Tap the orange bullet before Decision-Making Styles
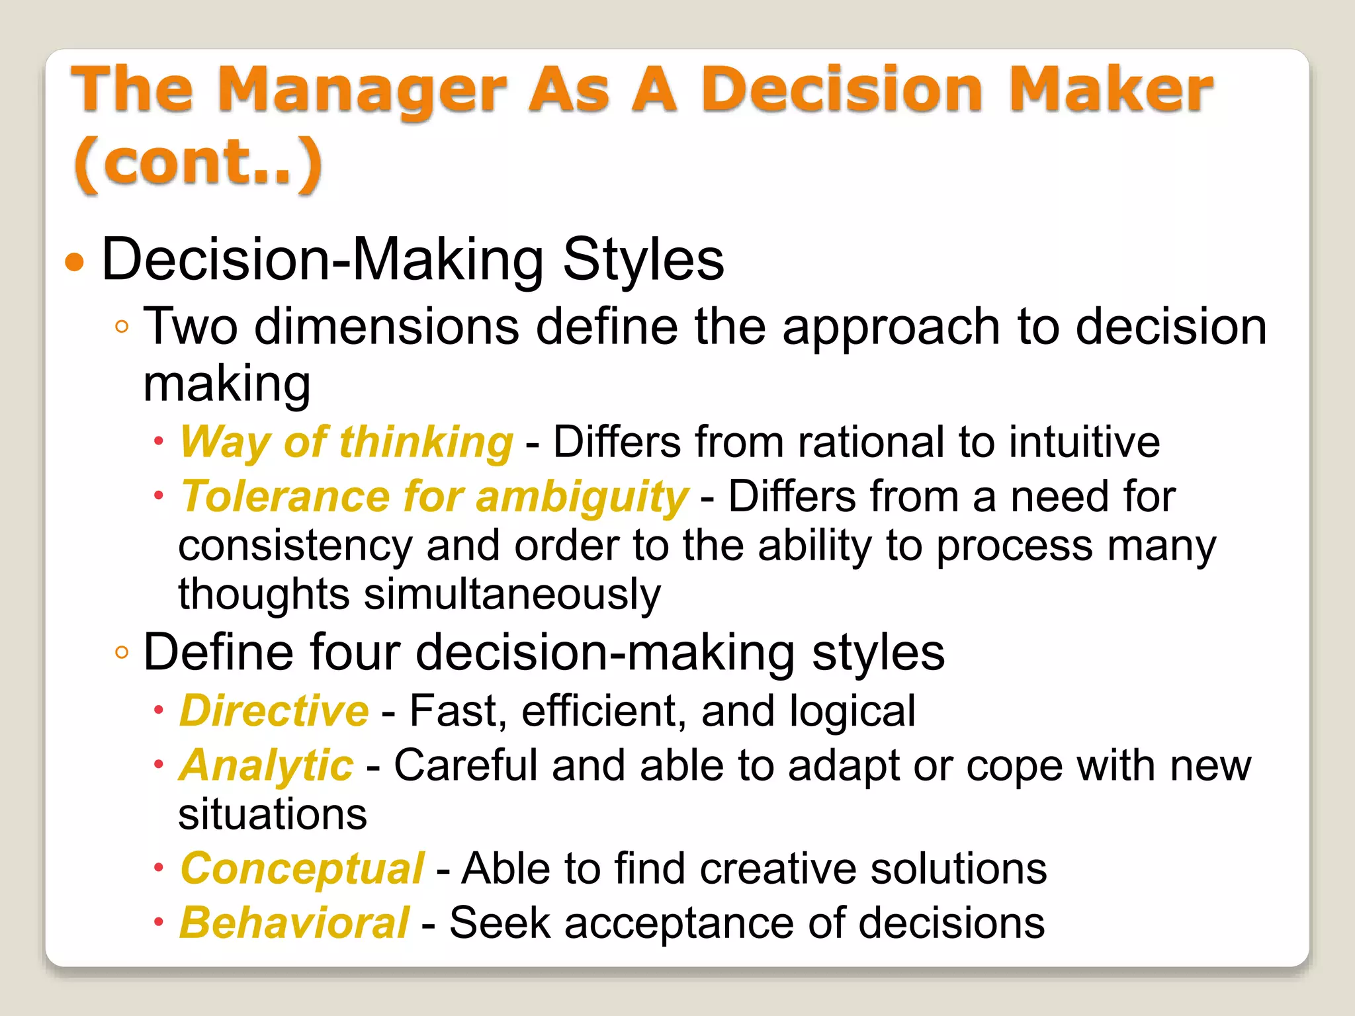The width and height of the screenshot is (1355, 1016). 75,263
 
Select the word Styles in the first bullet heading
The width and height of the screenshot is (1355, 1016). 643,260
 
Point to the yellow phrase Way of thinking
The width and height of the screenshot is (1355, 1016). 347,442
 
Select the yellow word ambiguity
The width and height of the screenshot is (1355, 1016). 582,497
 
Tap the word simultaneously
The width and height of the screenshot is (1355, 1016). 512,594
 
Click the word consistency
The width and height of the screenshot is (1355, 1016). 295,546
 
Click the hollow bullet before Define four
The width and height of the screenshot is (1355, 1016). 121,653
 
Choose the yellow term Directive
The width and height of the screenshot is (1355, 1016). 274,711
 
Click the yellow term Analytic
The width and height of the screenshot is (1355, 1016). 267,766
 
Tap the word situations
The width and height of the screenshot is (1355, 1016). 273,814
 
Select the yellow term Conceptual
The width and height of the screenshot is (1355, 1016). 302,868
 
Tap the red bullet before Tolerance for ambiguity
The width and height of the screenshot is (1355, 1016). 158,495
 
